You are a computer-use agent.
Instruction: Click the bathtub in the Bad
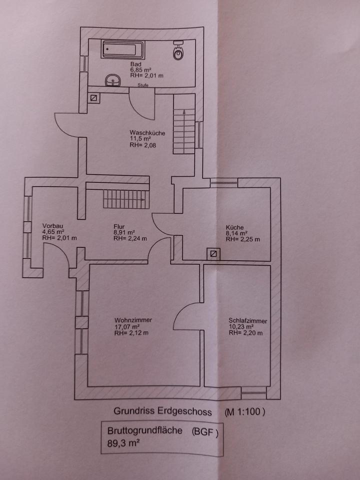[123, 50]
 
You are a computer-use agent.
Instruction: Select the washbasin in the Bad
[113, 80]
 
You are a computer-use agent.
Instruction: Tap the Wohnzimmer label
[133, 320]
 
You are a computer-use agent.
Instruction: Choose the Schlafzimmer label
[247, 321]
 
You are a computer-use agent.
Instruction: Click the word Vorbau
[52, 226]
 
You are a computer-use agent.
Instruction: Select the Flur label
[118, 226]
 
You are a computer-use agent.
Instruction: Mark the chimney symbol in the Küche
[214, 254]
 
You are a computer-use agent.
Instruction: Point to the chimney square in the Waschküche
[93, 98]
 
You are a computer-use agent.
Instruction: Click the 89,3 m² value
[122, 442]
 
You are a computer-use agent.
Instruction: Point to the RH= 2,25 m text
[243, 239]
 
